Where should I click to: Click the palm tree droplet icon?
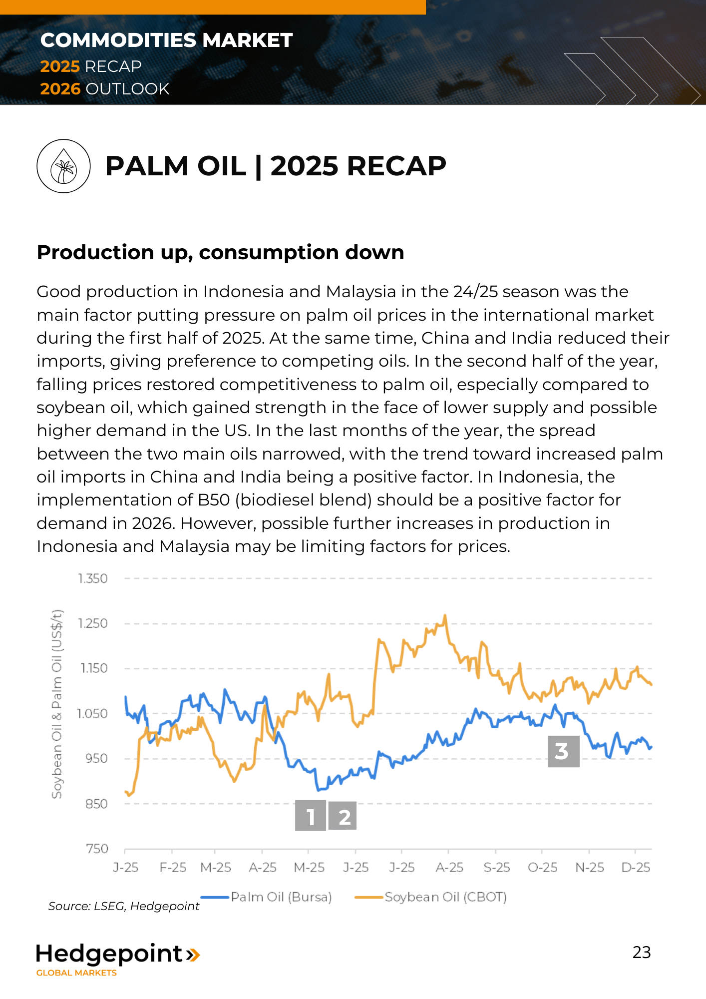(x=63, y=166)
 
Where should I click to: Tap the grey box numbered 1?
(x=310, y=816)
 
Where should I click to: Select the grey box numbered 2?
(x=343, y=816)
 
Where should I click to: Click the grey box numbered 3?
(x=563, y=751)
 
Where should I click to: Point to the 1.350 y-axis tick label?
(x=93, y=578)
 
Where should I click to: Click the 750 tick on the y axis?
(x=97, y=849)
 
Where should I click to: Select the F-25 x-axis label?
(x=173, y=868)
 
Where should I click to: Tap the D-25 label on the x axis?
(x=636, y=868)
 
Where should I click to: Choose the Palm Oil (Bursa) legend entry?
(x=267, y=897)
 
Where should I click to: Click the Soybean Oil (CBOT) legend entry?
(x=431, y=897)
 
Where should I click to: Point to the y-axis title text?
(x=57, y=704)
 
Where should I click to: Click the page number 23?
(x=642, y=953)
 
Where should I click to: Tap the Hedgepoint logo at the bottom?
(x=117, y=958)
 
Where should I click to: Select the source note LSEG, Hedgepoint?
(x=124, y=906)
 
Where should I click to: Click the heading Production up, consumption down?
(x=220, y=252)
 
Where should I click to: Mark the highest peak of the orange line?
(x=445, y=616)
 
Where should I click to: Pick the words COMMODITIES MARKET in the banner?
(x=166, y=40)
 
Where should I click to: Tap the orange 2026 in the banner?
(x=60, y=89)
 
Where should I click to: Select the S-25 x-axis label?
(x=497, y=868)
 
